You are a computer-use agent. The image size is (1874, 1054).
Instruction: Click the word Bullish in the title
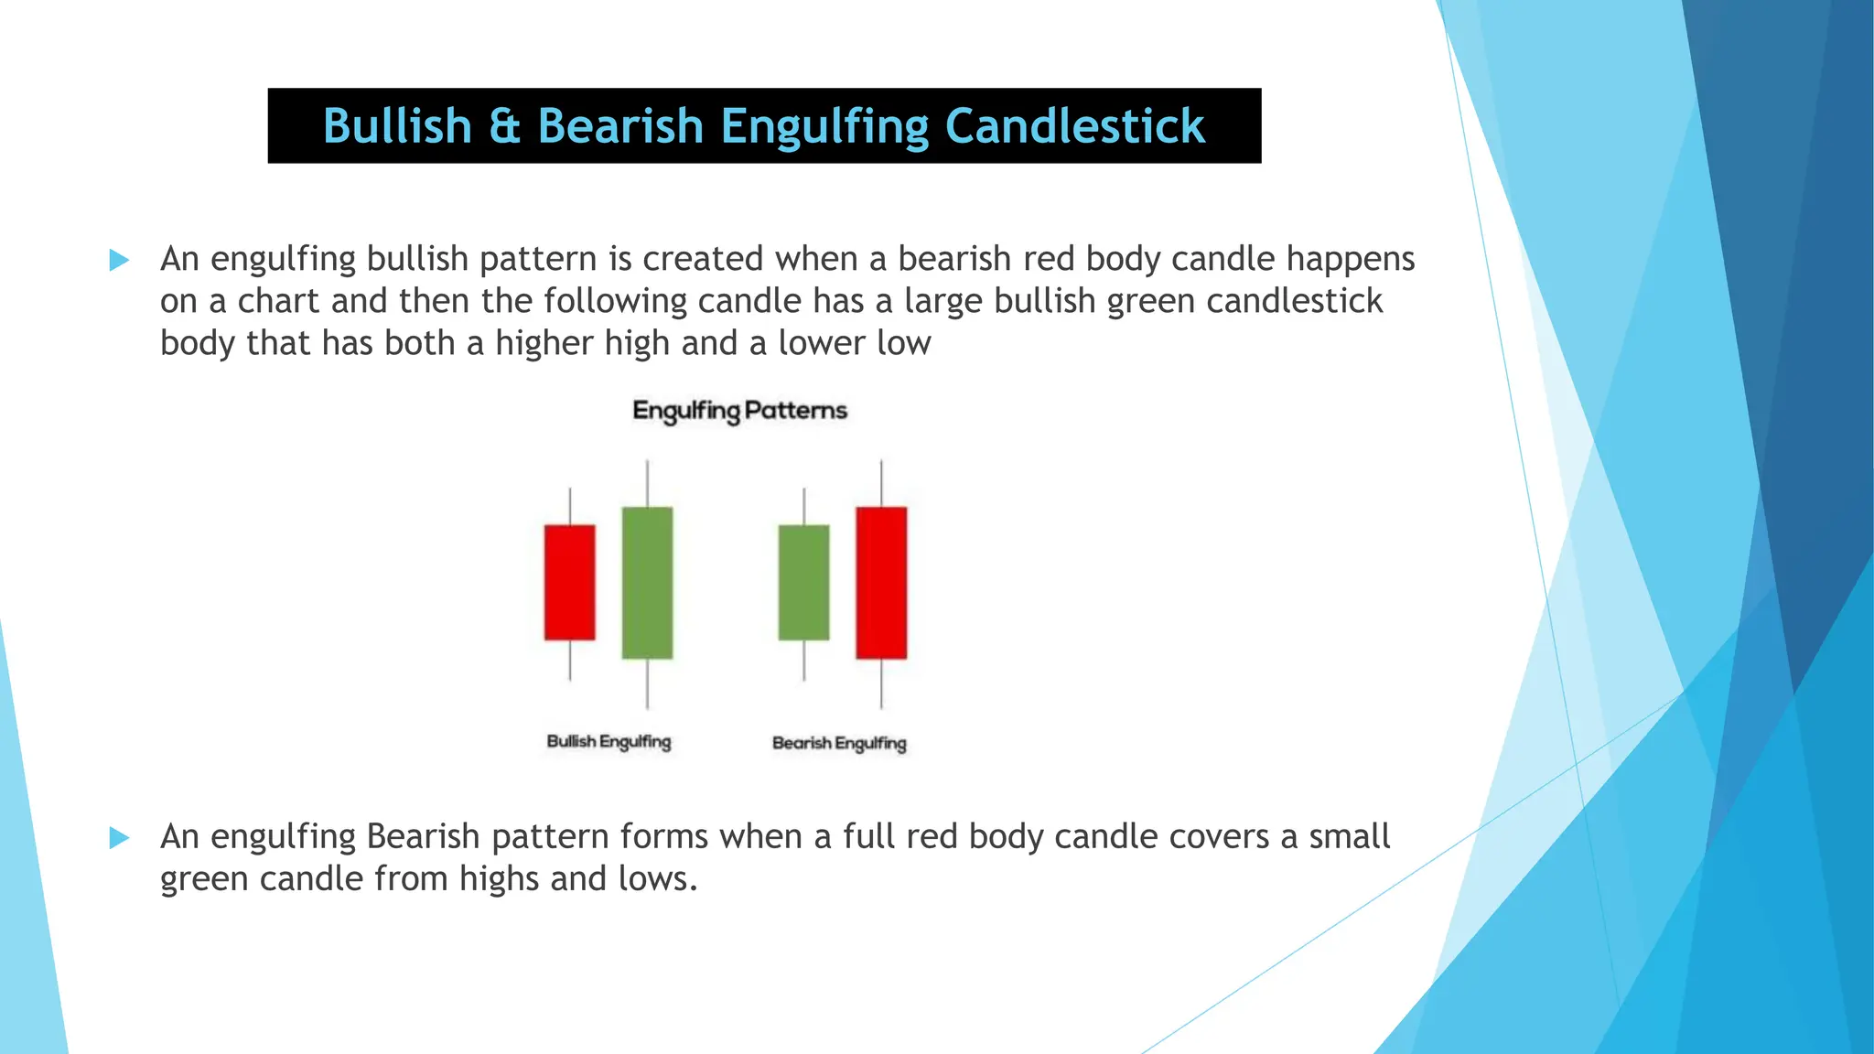click(x=397, y=126)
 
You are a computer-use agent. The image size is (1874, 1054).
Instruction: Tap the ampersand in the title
click(x=504, y=126)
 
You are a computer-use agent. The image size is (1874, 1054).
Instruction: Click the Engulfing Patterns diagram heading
click(x=739, y=410)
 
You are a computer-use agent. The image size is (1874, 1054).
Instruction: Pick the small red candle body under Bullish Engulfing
click(x=569, y=582)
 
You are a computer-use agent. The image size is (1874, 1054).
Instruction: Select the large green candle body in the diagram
click(x=647, y=583)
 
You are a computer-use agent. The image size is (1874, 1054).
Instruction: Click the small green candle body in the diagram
click(x=803, y=582)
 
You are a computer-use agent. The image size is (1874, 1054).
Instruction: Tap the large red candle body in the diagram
click(x=881, y=583)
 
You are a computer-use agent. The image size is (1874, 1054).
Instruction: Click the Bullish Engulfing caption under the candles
click(x=609, y=741)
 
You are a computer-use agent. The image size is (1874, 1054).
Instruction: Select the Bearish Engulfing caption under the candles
click(x=839, y=743)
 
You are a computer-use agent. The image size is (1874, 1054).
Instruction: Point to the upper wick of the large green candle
click(x=647, y=483)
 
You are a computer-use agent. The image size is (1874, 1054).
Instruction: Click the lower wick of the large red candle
click(x=881, y=683)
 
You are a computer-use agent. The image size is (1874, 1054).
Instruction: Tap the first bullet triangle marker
click(x=119, y=260)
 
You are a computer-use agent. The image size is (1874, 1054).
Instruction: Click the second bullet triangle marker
click(x=119, y=837)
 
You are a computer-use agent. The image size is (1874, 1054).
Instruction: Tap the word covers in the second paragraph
click(x=1217, y=836)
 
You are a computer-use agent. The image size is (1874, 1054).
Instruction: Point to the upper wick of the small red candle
click(x=570, y=506)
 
